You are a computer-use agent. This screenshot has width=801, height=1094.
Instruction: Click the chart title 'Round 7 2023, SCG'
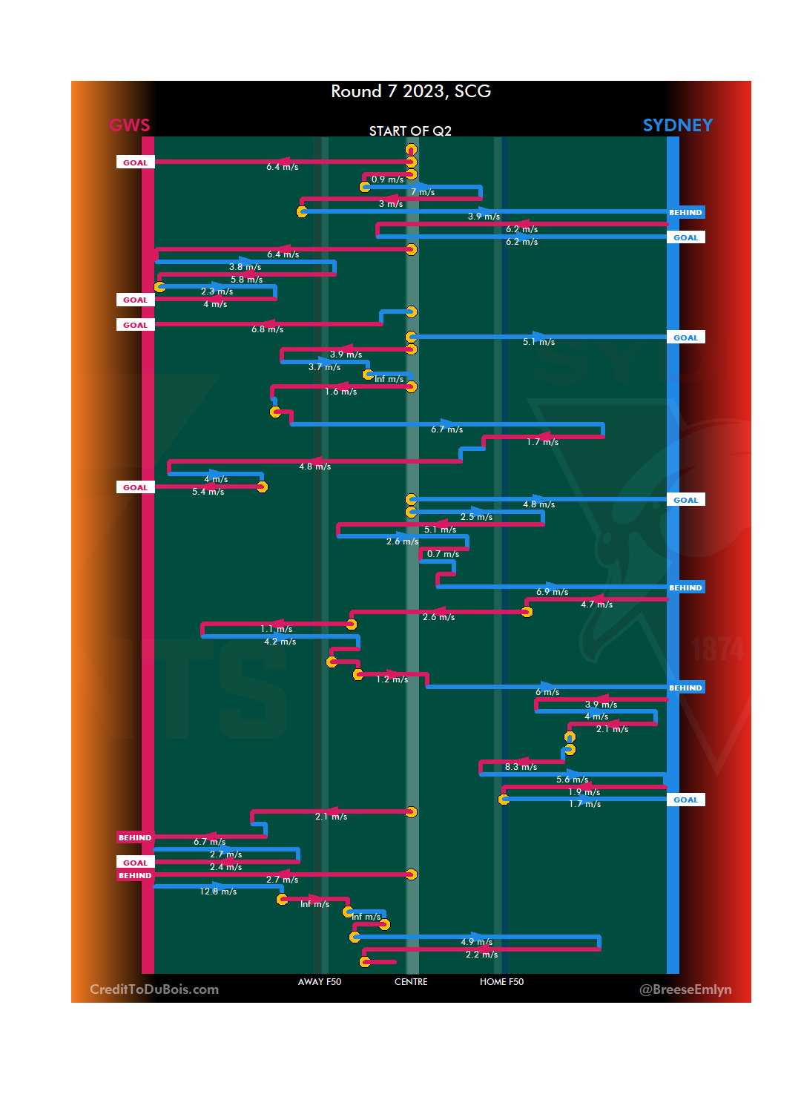[411, 91]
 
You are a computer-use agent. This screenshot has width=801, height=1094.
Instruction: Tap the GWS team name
[130, 125]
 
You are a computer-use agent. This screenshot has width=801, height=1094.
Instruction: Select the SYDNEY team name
[677, 125]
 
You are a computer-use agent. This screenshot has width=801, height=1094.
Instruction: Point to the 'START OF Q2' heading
[410, 131]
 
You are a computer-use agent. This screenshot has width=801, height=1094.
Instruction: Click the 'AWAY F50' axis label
[320, 982]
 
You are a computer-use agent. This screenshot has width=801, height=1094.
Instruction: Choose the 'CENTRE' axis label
[411, 982]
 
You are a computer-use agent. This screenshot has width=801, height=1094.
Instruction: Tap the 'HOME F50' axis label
[501, 982]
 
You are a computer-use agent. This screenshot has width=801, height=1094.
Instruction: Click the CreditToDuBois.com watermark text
[154, 989]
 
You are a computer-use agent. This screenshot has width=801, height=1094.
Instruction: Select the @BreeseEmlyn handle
[685, 989]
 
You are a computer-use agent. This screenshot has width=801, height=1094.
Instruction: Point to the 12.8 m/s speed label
[218, 892]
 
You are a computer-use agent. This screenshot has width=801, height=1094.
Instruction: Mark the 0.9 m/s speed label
[387, 179]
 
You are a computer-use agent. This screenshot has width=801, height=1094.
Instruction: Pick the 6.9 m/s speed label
[552, 592]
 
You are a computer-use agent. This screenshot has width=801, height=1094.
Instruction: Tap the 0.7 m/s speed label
[443, 554]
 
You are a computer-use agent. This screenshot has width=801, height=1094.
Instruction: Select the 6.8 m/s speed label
[267, 329]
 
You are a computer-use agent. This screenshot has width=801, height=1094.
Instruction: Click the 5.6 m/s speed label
[572, 780]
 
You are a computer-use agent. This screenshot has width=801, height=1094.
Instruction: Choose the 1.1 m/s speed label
[276, 629]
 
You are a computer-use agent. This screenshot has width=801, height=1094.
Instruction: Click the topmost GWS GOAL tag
[135, 162]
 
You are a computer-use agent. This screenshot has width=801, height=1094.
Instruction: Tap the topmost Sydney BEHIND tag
[685, 213]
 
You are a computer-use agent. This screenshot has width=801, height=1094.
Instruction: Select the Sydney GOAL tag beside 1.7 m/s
[685, 800]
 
